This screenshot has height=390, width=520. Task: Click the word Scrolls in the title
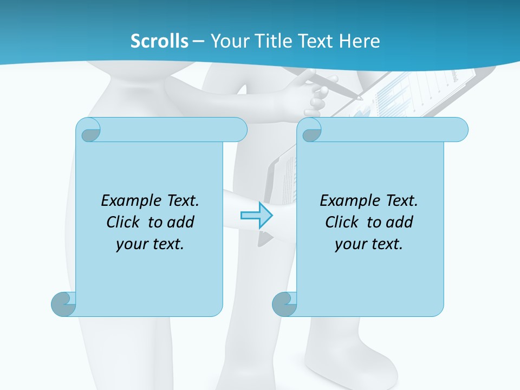coord(160,41)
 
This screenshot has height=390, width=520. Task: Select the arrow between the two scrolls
coord(256,215)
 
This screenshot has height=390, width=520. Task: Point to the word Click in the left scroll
coord(125,222)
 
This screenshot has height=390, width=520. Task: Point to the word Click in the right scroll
coord(344,222)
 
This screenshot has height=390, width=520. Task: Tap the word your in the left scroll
coord(131,244)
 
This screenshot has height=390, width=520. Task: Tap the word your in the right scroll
coord(350,244)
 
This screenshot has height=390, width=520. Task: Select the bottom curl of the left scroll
coord(63,304)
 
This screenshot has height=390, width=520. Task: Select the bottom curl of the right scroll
coord(284,304)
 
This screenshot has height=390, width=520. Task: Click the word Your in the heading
coord(227,41)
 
